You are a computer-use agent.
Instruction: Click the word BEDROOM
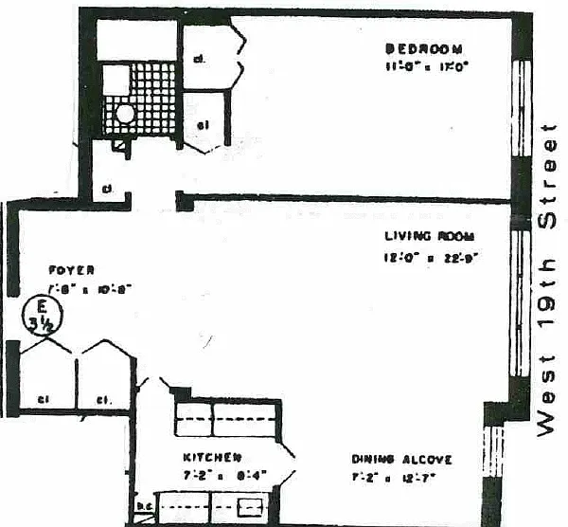(x=423, y=49)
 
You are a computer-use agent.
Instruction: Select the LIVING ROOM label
(x=428, y=236)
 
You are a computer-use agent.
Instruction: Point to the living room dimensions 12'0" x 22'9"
(x=429, y=258)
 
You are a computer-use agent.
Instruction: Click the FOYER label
(x=72, y=270)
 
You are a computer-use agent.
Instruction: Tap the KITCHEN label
(x=206, y=456)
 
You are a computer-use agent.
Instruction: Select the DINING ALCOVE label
(x=401, y=460)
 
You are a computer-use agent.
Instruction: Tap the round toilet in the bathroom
(x=125, y=114)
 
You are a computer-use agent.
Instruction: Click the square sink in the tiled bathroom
(x=115, y=82)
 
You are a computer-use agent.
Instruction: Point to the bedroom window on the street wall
(x=519, y=109)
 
